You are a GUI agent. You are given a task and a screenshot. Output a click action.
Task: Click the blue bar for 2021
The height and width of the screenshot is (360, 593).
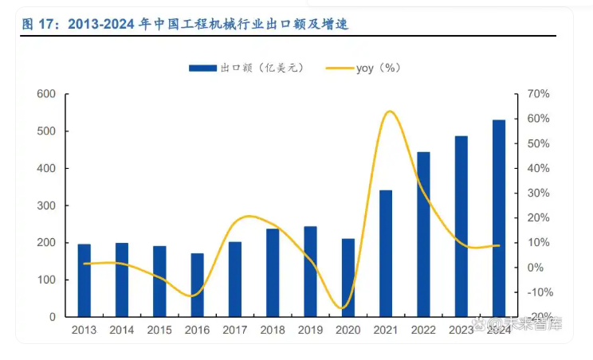pos(386,253)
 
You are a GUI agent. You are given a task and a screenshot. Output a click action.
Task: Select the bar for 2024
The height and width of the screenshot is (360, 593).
pos(499,218)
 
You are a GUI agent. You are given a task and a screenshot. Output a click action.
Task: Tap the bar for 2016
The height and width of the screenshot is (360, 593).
pos(197,285)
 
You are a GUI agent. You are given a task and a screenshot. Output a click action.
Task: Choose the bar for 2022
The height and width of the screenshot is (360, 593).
pos(423,234)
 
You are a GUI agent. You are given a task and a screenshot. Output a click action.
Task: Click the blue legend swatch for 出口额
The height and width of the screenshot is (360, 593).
pos(203,68)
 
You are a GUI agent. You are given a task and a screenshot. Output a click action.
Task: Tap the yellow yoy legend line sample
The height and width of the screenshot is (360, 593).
pos(339,68)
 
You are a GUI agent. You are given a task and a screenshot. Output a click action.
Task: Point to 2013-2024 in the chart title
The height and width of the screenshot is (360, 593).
pos(102,25)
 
